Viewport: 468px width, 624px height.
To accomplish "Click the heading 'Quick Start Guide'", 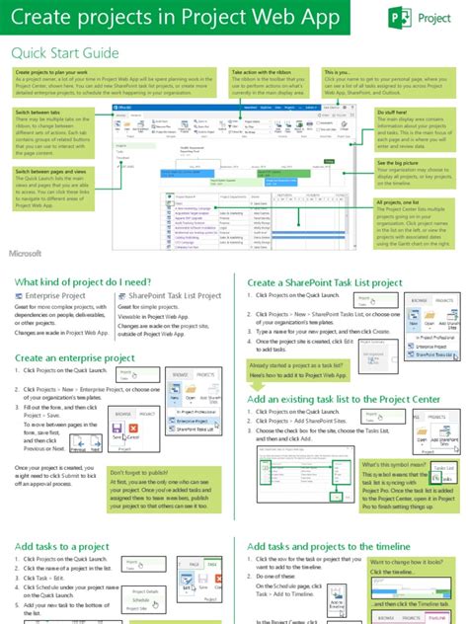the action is pyautogui.click(x=66, y=52).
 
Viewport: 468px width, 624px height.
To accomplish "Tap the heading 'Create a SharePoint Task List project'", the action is pyautogui.click(x=325, y=283).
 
